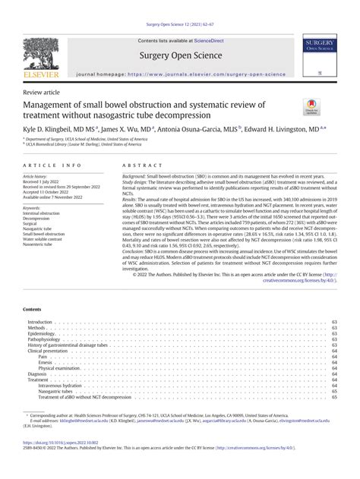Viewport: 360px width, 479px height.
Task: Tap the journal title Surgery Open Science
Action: pyautogui.click(x=179, y=55)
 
